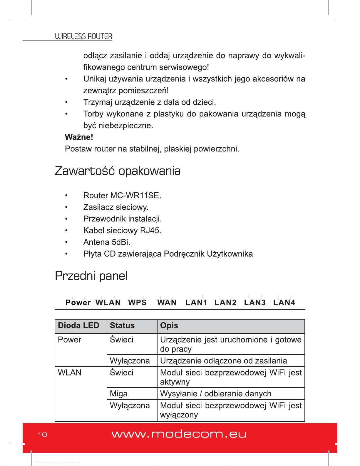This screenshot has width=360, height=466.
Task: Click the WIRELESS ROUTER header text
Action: click(x=83, y=36)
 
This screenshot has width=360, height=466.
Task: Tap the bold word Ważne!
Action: click(x=79, y=137)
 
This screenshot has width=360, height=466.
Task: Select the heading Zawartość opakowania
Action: click(x=118, y=171)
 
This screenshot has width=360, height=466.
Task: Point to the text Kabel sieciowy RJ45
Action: click(x=122, y=231)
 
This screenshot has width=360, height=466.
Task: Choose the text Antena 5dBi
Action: click(x=107, y=242)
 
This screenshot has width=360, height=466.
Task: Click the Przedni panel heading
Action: click(x=91, y=276)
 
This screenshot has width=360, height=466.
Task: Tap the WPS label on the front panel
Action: click(x=137, y=303)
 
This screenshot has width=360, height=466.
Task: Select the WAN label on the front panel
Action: click(x=167, y=303)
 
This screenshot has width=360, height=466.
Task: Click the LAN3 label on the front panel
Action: click(x=255, y=303)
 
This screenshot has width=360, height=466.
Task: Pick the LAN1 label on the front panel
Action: click(x=196, y=303)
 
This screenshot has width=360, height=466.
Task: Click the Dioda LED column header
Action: click(x=78, y=325)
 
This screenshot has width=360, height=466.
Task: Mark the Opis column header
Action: click(x=169, y=325)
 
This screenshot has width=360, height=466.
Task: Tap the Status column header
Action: click(x=122, y=325)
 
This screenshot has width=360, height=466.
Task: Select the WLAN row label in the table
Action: click(x=70, y=373)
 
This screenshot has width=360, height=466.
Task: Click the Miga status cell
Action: click(x=118, y=394)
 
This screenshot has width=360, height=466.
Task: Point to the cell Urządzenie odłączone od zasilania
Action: click(x=223, y=361)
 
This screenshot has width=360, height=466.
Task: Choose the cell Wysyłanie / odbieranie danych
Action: click(x=216, y=394)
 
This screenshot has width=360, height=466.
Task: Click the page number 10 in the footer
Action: click(x=42, y=435)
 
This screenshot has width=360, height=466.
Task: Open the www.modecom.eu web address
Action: click(x=179, y=434)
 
